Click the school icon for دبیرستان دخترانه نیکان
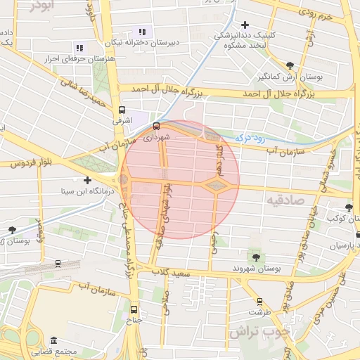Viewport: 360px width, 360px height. coord(142,32)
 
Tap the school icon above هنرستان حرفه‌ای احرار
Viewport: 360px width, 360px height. coord(79,48)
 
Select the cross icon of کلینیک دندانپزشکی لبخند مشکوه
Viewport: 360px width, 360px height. coord(245,25)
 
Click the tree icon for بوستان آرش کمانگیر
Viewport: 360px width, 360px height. coord(290,65)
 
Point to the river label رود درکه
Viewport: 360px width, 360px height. coord(250,139)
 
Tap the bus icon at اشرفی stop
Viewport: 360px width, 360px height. coord(122,110)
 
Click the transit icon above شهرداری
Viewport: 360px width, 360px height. coord(156,127)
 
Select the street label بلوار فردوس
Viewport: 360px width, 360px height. coord(27,163)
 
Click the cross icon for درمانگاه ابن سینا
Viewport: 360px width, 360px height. coord(87,181)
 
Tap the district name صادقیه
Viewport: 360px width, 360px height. coord(282,200)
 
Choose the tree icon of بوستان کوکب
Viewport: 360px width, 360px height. coord(349,207)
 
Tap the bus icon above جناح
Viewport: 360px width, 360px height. coord(134,309)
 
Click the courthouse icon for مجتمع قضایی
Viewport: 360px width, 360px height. coord(54,340)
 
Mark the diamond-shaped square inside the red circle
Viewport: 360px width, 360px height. coord(217,185)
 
